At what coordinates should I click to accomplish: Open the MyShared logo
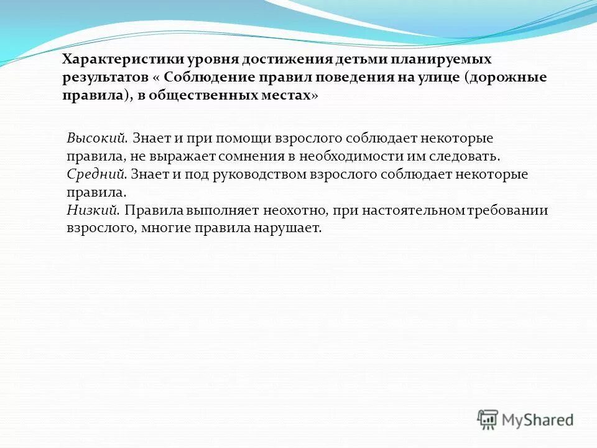click(525, 419)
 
